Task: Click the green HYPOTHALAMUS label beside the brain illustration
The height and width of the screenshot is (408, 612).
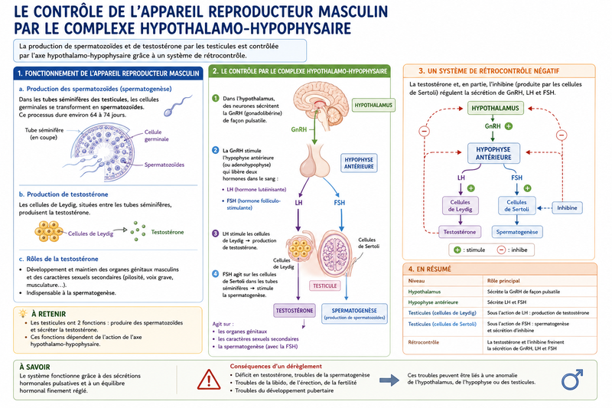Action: click(x=373, y=105)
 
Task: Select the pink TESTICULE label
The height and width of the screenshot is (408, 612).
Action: click(x=324, y=286)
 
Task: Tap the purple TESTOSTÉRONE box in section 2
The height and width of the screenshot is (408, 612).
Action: click(x=295, y=310)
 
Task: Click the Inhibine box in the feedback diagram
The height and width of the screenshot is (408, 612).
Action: click(x=567, y=207)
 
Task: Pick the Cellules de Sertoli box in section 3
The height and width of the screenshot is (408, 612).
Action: click(x=516, y=205)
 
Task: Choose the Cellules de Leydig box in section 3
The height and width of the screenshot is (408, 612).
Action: click(x=461, y=205)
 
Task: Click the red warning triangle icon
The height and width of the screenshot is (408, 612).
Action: click(x=209, y=380)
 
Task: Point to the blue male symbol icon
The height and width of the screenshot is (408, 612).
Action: click(x=571, y=380)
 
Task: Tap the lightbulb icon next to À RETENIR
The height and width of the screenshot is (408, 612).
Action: click(x=23, y=313)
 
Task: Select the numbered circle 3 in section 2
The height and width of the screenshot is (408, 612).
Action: click(x=215, y=233)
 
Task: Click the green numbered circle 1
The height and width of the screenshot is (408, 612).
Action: click(x=216, y=98)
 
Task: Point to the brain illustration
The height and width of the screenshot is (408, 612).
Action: click(x=321, y=106)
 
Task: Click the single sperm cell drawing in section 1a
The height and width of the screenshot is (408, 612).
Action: click(x=177, y=106)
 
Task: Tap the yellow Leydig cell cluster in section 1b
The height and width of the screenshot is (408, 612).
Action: click(x=49, y=231)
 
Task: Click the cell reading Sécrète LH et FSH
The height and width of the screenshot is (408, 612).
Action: click(x=506, y=302)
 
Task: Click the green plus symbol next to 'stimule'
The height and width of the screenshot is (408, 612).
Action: click(x=457, y=250)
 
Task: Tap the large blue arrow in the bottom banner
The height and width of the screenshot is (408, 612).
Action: click(x=389, y=380)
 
